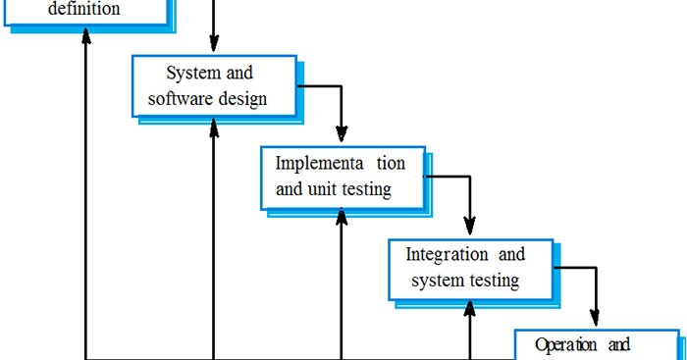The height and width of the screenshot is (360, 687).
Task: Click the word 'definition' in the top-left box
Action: (x=84, y=10)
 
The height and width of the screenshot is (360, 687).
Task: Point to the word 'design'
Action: (x=246, y=98)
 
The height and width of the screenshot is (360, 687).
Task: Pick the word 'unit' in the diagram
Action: (x=326, y=188)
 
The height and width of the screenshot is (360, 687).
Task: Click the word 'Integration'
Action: (x=447, y=254)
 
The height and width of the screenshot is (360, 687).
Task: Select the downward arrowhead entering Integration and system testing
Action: (x=470, y=224)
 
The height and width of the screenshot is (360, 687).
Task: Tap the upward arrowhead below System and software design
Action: (x=214, y=128)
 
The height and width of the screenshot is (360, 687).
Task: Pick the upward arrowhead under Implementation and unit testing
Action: (x=342, y=219)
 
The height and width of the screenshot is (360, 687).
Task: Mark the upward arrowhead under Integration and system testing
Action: (x=470, y=308)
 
